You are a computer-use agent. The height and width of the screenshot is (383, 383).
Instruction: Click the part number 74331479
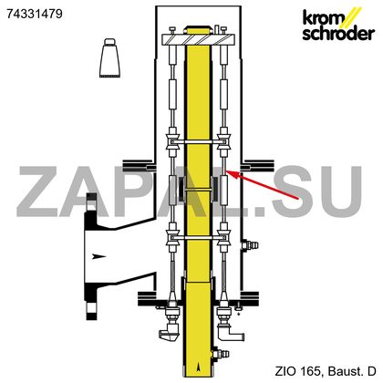35,14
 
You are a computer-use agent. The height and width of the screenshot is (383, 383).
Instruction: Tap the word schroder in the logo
338,33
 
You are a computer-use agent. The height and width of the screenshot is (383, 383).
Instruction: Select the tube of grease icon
109,57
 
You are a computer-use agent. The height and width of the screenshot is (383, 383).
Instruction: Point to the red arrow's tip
227,171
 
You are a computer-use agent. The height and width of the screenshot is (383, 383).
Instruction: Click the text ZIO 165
297,371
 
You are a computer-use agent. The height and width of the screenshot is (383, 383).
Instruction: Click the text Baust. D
353,371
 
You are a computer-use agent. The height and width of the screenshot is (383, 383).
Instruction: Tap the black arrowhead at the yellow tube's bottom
199,367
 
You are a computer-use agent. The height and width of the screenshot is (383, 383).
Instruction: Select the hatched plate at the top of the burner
198,39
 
